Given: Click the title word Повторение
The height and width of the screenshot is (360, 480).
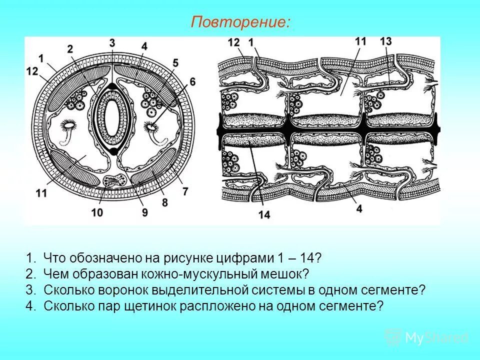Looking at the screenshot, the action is click(x=240, y=22).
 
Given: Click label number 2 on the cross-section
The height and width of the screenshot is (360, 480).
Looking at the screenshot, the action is click(x=70, y=48).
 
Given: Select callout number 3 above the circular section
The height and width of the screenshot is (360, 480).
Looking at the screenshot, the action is click(x=112, y=42).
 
